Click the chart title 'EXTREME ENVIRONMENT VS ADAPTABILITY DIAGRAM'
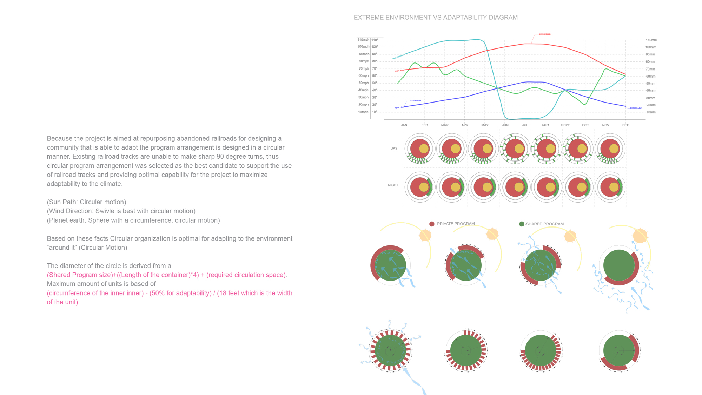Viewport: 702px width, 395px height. [435, 18]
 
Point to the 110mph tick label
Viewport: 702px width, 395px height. [363, 40]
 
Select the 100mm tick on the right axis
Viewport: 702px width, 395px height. [650, 47]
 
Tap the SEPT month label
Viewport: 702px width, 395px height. [565, 125]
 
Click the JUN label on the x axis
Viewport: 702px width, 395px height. [505, 125]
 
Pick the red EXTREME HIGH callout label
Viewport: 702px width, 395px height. [545, 34]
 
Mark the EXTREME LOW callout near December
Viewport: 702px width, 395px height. [635, 108]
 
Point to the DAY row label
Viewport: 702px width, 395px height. [394, 149]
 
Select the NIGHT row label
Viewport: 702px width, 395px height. [393, 185]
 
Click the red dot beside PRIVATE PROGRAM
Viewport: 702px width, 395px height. [432, 224]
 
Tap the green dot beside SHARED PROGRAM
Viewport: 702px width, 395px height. [522, 224]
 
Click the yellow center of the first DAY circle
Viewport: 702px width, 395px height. [424, 149]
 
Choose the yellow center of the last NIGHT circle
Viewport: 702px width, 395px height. [614, 187]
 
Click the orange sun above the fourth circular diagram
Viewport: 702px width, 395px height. [640, 236]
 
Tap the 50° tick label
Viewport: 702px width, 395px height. [375, 83]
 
